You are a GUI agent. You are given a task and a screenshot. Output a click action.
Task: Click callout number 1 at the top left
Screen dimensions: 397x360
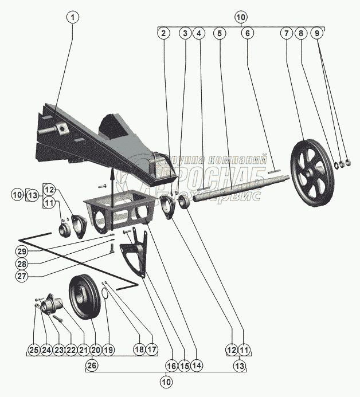pos(72,17)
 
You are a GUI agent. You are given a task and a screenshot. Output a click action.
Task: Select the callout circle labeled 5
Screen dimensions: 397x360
pos(219,34)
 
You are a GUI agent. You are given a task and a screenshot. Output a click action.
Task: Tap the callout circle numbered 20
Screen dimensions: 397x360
pos(95,349)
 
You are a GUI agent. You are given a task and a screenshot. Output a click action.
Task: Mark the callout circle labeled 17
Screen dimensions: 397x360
pos(152,349)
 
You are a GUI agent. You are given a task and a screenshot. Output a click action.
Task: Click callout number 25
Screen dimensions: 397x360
pos(34,349)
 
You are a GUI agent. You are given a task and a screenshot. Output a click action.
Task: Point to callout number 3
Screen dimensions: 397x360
pos(185,34)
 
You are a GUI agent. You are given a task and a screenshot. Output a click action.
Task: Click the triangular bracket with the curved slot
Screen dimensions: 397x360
pos(135,252)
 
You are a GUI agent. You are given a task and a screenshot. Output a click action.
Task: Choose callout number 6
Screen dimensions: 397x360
pos(248,34)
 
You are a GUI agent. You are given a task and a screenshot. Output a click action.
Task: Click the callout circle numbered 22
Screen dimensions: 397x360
pos(71,349)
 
